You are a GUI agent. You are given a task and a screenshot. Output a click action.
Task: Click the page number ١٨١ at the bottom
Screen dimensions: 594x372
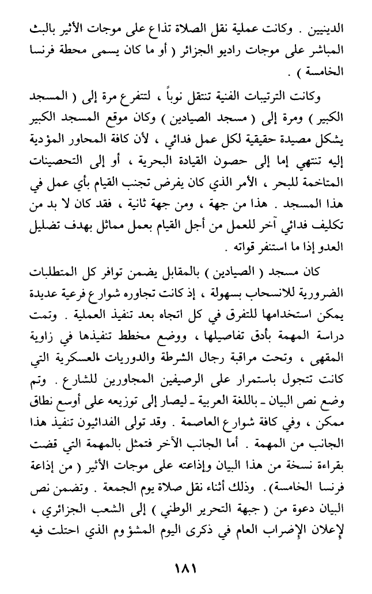[x=185, y=569]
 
